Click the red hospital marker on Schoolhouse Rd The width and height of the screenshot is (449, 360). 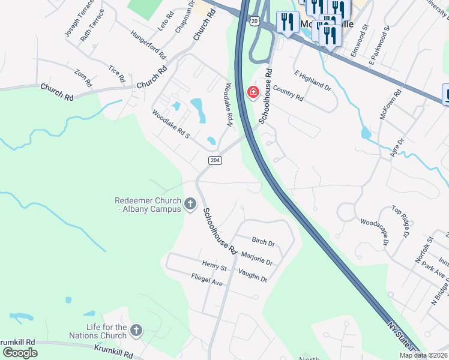(x=253, y=92)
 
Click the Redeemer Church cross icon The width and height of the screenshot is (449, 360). (x=190, y=205)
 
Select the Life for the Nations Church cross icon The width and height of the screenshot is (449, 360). (x=137, y=330)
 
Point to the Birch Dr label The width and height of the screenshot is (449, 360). (x=263, y=243)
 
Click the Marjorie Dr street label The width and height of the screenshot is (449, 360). (x=256, y=259)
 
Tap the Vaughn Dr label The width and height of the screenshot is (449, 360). (x=252, y=274)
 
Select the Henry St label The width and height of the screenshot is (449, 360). (x=214, y=265)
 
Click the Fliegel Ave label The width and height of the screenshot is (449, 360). (x=206, y=279)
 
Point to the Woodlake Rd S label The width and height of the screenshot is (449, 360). (x=170, y=124)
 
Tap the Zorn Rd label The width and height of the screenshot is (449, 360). (x=83, y=77)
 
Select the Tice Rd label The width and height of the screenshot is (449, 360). (x=117, y=74)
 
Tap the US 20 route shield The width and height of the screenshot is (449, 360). (x=255, y=21)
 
